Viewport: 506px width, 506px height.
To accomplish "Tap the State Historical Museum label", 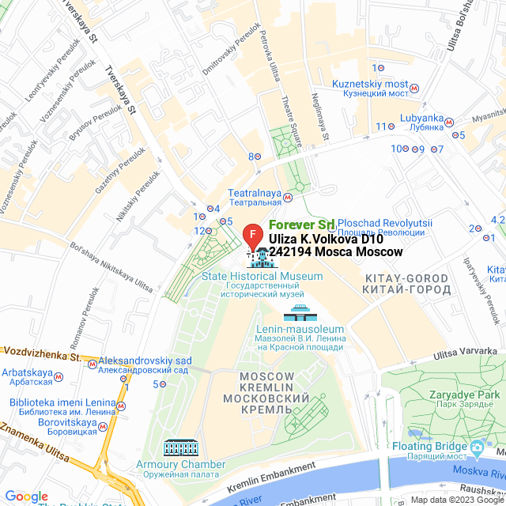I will [262, 277].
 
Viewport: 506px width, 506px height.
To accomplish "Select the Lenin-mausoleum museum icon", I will [300, 312].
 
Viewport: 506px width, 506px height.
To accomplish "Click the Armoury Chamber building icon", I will [181, 447].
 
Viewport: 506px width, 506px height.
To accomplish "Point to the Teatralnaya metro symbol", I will [289, 198].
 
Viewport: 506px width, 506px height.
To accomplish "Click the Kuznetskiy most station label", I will [370, 84].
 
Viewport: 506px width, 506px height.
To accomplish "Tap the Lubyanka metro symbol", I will [448, 123].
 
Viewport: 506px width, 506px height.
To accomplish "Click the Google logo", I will [26, 496].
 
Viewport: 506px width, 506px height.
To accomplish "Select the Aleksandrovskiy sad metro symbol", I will [93, 365].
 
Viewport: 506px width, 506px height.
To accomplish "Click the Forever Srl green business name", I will [301, 225].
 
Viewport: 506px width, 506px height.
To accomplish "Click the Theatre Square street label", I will [293, 121].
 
